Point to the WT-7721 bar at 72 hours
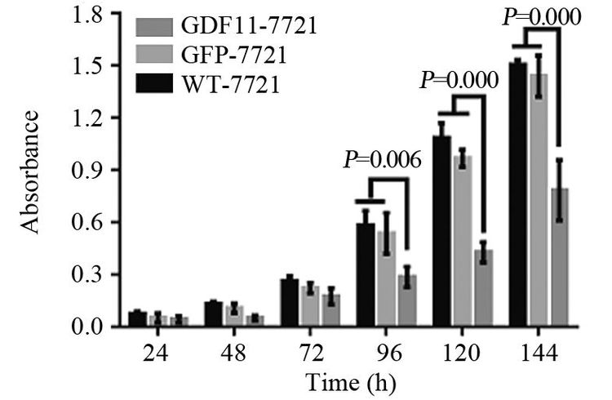[289, 303]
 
